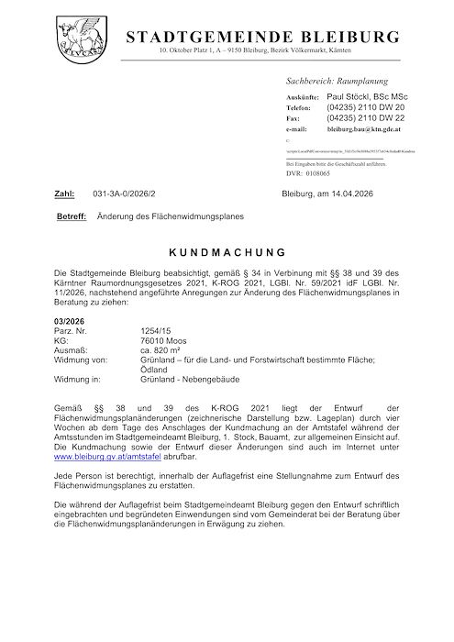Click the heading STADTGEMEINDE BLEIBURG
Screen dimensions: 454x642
[x=263, y=37]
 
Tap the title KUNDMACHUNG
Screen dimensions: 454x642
[x=227, y=250]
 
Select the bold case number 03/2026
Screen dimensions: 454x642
[x=72, y=320]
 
